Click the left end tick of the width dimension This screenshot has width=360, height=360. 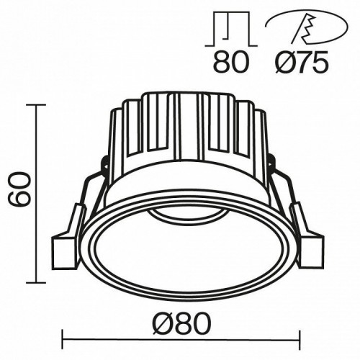pyautogui.click(x=66, y=336)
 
